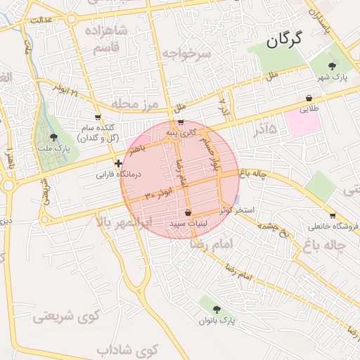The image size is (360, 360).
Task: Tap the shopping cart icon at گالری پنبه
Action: coord(182,122)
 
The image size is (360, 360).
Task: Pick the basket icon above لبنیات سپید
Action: coord(188,212)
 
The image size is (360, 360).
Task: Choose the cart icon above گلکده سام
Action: coord(97,117)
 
